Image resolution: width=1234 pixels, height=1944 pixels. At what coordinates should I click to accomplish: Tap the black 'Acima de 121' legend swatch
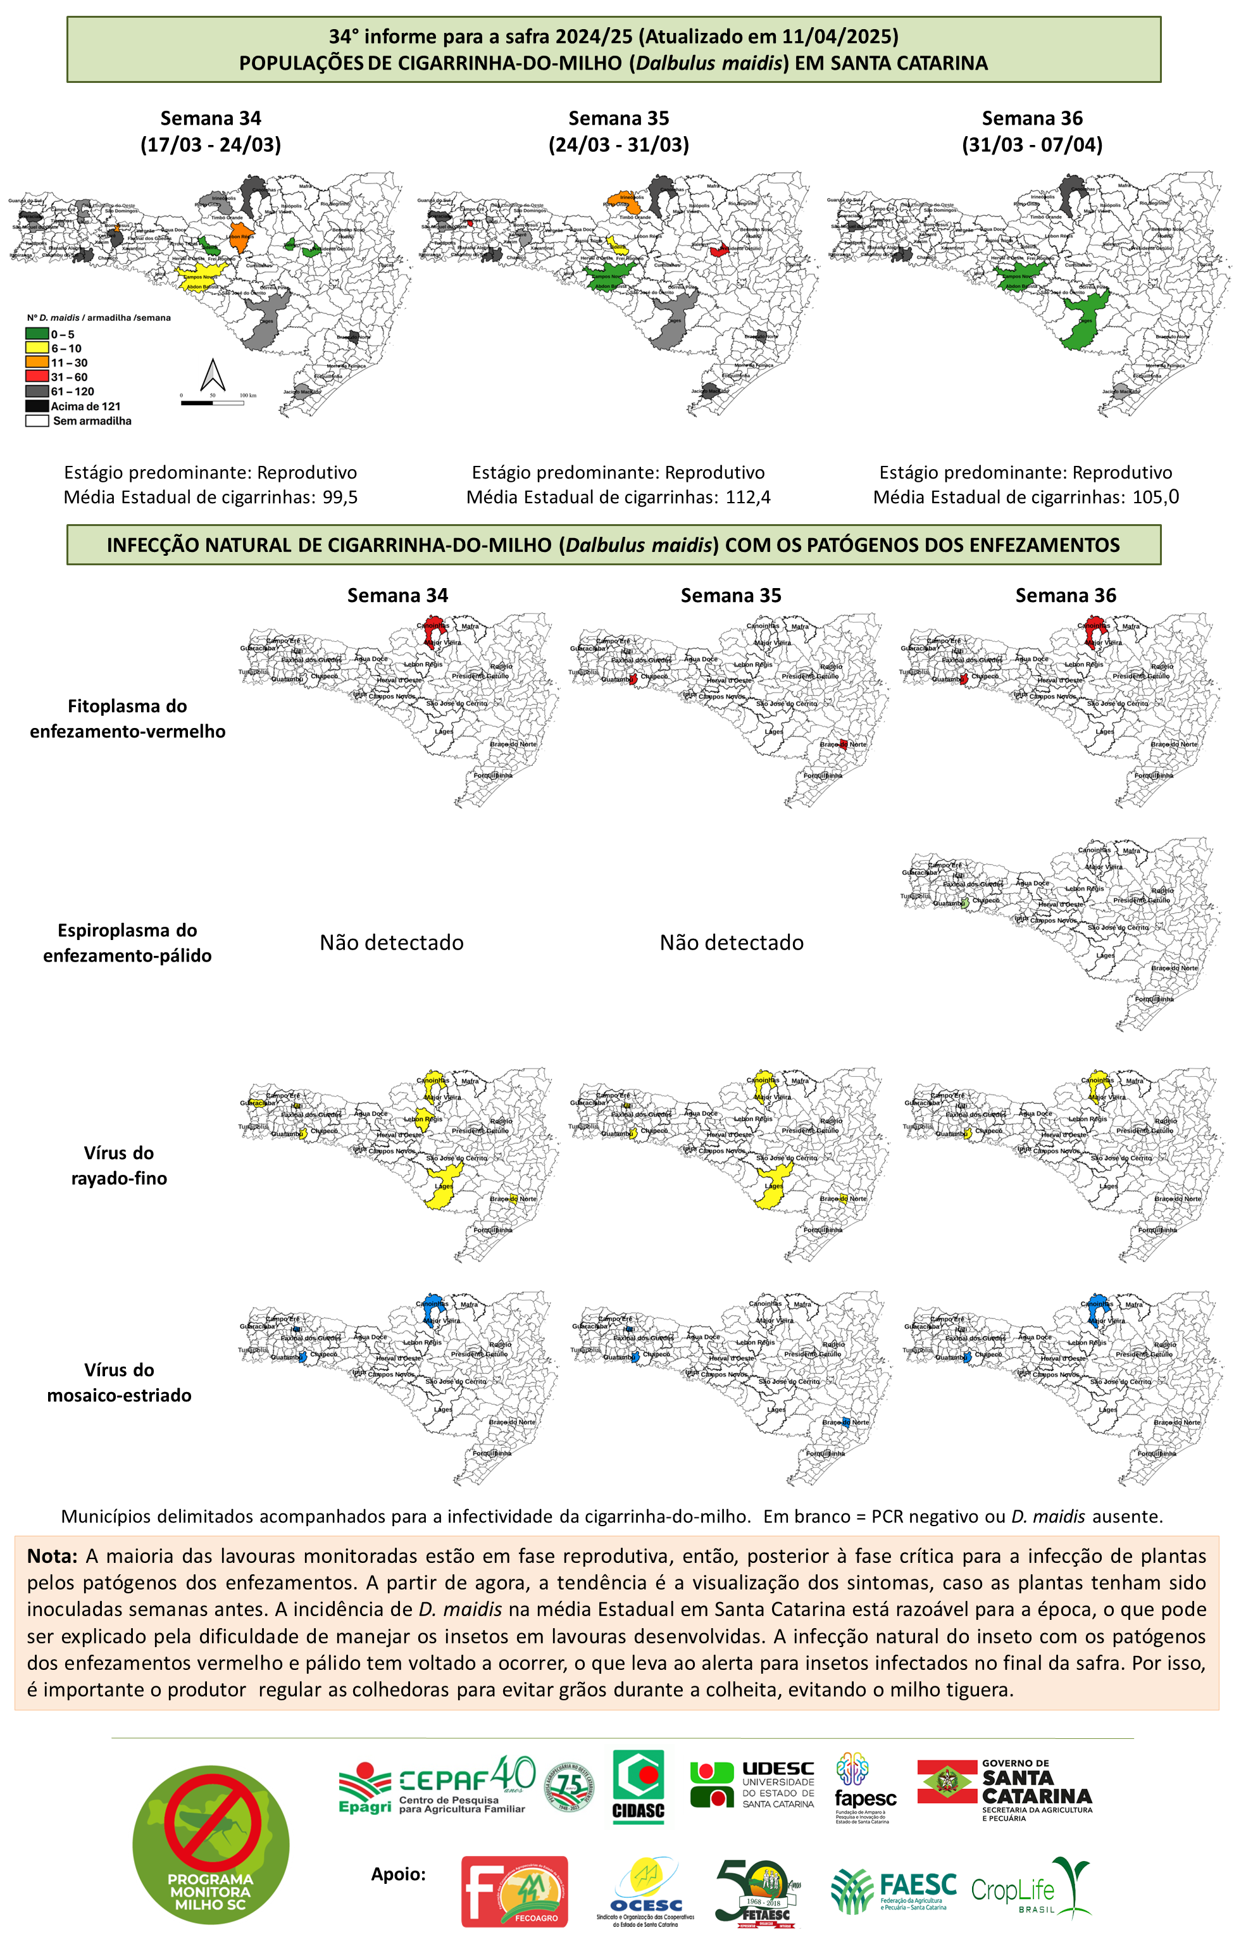tap(37, 406)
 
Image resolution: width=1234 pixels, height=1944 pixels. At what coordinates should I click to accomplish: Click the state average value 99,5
tap(340, 498)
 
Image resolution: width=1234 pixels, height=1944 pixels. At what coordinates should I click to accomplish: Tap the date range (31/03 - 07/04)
tap(1031, 144)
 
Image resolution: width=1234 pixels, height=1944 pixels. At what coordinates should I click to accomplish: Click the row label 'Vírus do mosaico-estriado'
tap(120, 1382)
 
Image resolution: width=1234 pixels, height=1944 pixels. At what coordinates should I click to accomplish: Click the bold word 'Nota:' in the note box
tap(52, 1556)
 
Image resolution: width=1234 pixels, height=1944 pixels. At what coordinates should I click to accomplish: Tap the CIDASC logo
tap(639, 1786)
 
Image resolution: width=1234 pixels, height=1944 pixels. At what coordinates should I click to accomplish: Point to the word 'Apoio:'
tap(398, 1873)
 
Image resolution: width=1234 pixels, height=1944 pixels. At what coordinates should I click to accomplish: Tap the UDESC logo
tap(752, 1784)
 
